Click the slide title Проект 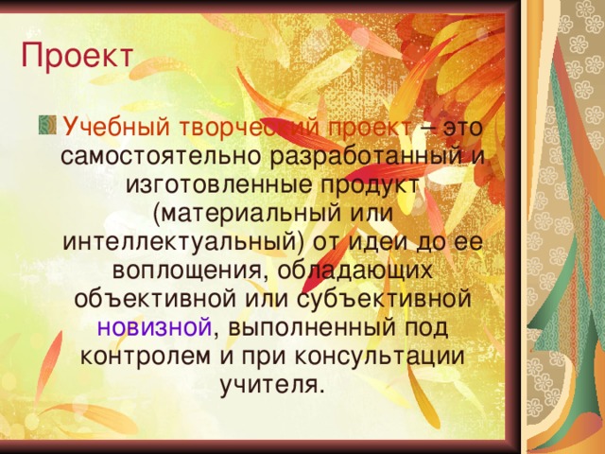tap(77, 54)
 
